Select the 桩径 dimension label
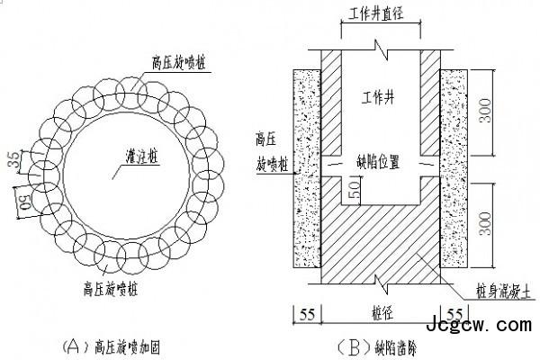(379, 313)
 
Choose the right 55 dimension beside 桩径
(454, 314)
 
